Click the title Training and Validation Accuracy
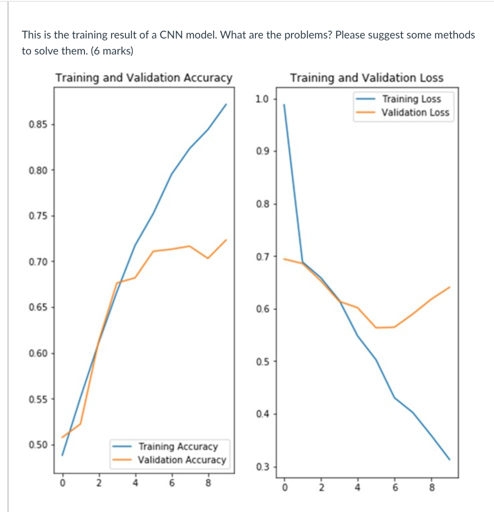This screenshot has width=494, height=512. (143, 78)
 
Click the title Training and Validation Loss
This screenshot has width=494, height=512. (366, 78)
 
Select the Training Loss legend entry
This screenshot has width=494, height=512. (411, 99)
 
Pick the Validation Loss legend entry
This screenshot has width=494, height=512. (415, 112)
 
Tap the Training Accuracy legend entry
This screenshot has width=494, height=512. (177, 446)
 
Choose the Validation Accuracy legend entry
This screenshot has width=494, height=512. (181, 459)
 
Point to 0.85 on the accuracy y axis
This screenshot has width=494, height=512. (38, 124)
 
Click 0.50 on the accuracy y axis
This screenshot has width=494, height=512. (38, 445)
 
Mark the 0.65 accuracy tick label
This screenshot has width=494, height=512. (38, 307)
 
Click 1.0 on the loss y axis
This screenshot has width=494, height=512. (262, 98)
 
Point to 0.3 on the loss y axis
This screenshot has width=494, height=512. (262, 467)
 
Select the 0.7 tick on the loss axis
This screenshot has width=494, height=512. (262, 257)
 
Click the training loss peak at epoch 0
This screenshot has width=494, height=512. (284, 104)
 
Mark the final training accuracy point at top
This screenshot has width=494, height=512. (226, 104)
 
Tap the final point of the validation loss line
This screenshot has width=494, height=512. (450, 287)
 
